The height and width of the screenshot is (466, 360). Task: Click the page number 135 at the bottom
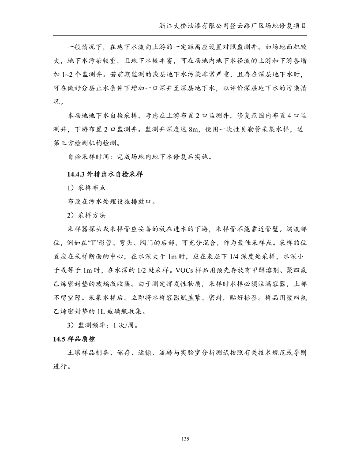(x=185, y=439)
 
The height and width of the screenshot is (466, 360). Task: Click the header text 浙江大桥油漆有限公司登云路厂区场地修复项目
(x=233, y=26)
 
